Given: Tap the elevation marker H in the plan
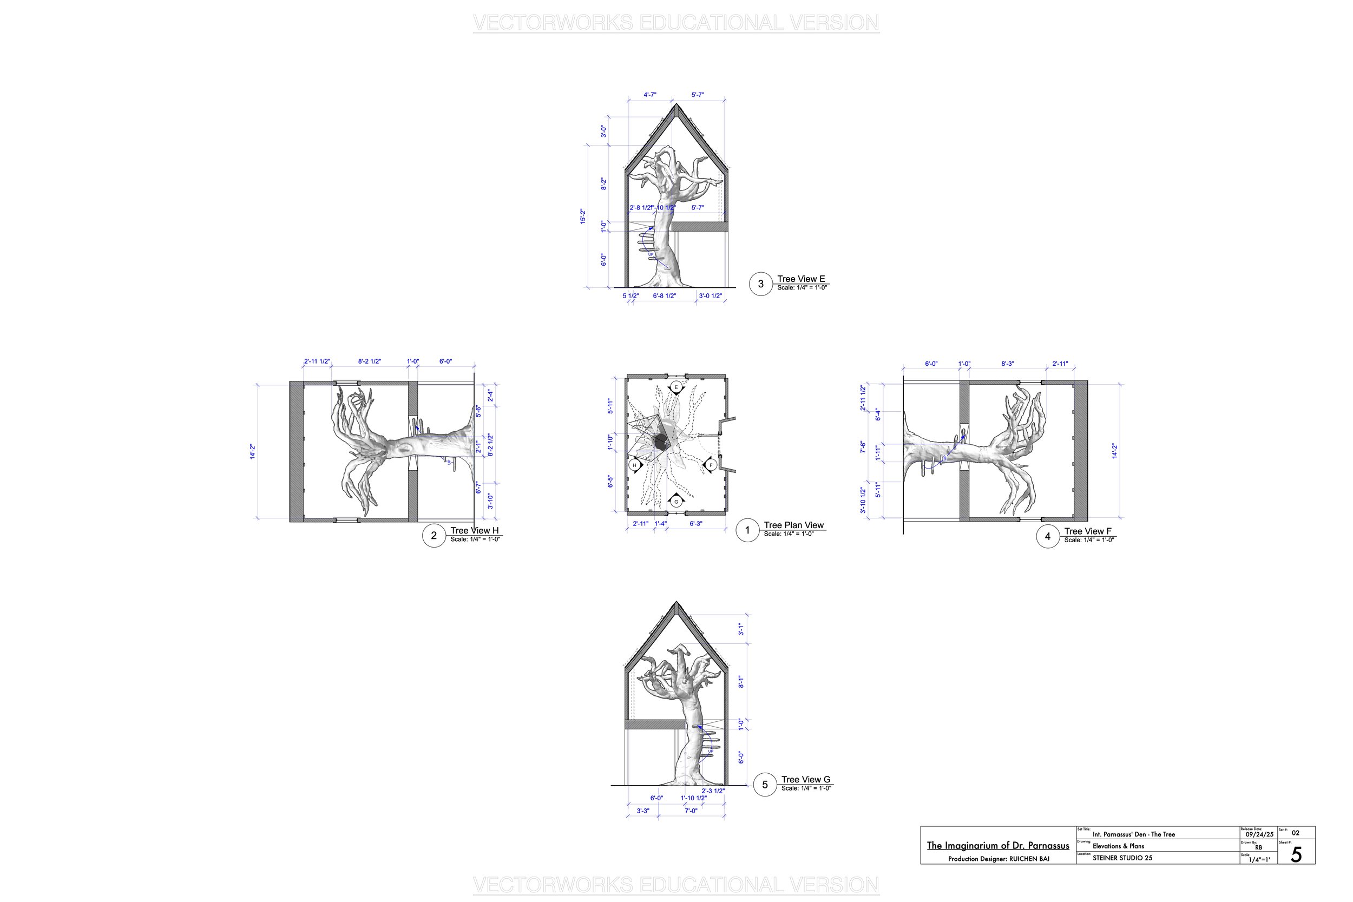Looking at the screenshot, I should (634, 465).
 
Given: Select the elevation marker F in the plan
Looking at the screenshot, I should (711, 465).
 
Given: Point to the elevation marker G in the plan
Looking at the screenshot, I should (676, 502).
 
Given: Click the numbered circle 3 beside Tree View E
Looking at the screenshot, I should (760, 284).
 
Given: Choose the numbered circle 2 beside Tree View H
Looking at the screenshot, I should (434, 536).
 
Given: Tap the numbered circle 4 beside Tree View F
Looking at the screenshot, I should (1048, 536).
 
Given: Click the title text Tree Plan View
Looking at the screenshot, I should (793, 525).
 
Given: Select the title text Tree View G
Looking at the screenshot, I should (805, 780).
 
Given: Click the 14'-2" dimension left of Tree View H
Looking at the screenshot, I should (252, 451).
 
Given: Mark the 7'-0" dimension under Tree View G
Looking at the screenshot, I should (691, 811).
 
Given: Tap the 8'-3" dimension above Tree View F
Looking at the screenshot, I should (1007, 364).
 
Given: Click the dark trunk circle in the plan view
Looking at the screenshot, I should (660, 443).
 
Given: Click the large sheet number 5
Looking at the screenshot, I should (1296, 855).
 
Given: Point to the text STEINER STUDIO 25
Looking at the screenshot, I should (1122, 858).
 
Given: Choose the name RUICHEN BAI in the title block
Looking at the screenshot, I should (1029, 859).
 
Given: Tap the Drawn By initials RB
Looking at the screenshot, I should (1258, 847).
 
